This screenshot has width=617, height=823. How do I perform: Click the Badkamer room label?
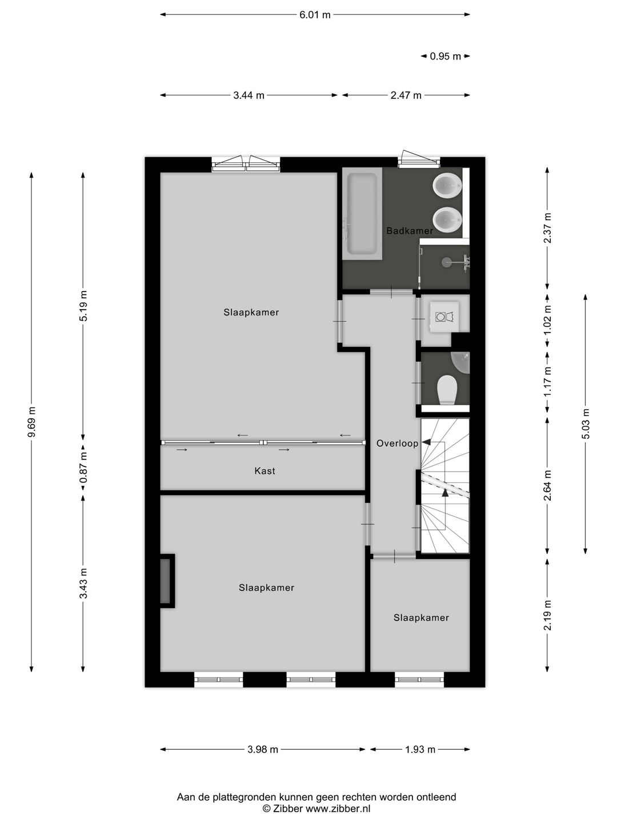pyautogui.click(x=409, y=231)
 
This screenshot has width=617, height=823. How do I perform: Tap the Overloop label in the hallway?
pyautogui.click(x=397, y=443)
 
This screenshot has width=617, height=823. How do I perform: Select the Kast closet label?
pyautogui.click(x=265, y=471)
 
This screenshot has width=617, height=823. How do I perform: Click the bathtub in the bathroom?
pyautogui.click(x=362, y=213)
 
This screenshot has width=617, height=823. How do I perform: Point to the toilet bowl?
pyautogui.click(x=447, y=390)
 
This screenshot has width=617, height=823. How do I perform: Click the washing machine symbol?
pyautogui.click(x=444, y=316)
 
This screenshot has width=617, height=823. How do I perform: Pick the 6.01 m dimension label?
pyautogui.click(x=315, y=15)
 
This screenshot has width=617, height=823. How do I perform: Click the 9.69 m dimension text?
pyautogui.click(x=32, y=422)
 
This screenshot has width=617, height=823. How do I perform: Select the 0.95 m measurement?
pyautogui.click(x=445, y=56)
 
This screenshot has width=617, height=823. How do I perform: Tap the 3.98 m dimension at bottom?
pyautogui.click(x=263, y=749)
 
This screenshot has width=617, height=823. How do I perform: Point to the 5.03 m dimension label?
pyautogui.click(x=586, y=424)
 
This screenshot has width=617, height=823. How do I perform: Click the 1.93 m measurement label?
pyautogui.click(x=420, y=749)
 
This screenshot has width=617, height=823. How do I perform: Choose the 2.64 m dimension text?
pyautogui.click(x=547, y=485)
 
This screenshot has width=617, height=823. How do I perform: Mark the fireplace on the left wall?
pyautogui.click(x=166, y=581)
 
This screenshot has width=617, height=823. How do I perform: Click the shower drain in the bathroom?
pyautogui.click(x=446, y=262)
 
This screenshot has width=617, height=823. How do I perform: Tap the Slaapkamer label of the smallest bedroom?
pyautogui.click(x=421, y=617)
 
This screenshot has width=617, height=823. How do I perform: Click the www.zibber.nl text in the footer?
pyautogui.click(x=338, y=809)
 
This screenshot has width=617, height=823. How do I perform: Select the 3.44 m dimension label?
pyautogui.click(x=249, y=95)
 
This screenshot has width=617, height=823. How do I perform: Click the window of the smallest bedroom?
pyautogui.click(x=419, y=680)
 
